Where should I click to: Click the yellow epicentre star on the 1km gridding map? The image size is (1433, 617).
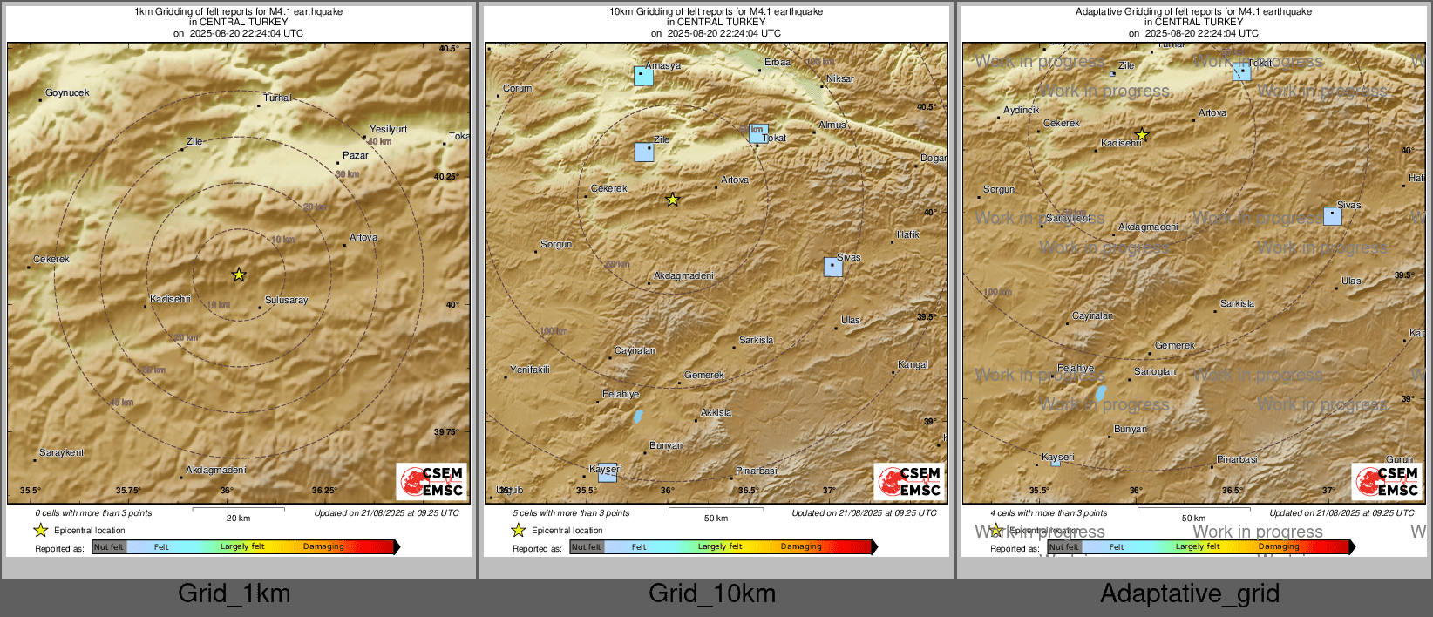click(x=239, y=275)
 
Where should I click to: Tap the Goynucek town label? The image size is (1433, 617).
click(x=67, y=92)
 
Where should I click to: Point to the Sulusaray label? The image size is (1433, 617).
click(x=286, y=300)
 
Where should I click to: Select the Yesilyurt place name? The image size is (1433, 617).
click(x=388, y=129)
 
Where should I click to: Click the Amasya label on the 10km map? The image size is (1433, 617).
click(x=663, y=66)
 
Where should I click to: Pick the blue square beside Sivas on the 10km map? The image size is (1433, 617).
click(x=833, y=267)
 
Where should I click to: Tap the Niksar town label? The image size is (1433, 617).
click(x=840, y=78)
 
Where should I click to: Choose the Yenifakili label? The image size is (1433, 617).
click(x=530, y=370)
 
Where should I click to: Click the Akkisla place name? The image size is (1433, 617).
click(x=716, y=413)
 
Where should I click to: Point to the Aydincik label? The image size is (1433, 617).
click(x=1022, y=111)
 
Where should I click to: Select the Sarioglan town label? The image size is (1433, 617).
click(x=1155, y=371)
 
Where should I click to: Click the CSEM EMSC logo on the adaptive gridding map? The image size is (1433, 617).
click(x=1386, y=481)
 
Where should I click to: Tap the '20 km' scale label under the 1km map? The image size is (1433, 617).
click(x=238, y=518)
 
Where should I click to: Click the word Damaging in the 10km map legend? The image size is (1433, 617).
click(x=801, y=546)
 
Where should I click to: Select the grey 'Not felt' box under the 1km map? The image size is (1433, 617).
click(x=109, y=547)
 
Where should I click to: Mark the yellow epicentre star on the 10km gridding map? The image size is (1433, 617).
click(x=672, y=200)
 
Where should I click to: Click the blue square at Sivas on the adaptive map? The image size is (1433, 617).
click(x=1333, y=216)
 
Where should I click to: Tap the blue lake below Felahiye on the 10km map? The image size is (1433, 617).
click(x=638, y=416)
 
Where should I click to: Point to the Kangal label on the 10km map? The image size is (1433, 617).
click(x=913, y=364)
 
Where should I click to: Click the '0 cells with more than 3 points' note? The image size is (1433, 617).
click(x=93, y=513)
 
